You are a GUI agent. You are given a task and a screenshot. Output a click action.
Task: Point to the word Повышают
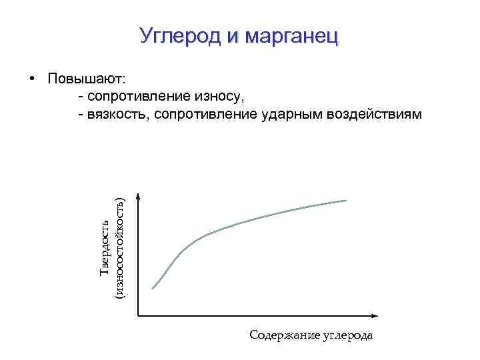[x=91, y=79]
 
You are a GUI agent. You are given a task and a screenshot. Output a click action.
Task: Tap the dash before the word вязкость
[x=81, y=114]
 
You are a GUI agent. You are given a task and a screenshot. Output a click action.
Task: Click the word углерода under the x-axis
[x=347, y=335]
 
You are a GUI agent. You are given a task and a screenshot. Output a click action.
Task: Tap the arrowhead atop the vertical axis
[x=138, y=196]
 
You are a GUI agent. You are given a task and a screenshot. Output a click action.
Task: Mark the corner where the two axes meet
[x=138, y=315]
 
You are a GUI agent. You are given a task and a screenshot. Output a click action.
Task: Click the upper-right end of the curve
[x=346, y=200]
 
